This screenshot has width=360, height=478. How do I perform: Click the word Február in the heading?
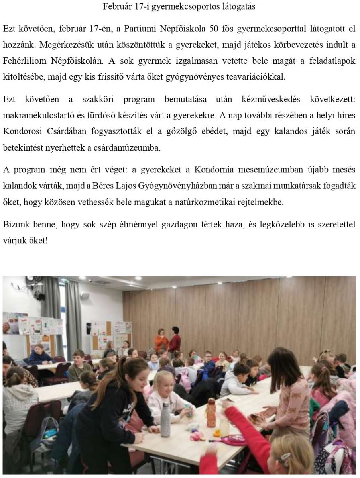pos(116,6)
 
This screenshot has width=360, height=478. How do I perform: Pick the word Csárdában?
pos(83,131)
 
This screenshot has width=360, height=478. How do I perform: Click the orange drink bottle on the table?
pos(211,413)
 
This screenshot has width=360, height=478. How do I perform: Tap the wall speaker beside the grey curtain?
pos(84,296)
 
